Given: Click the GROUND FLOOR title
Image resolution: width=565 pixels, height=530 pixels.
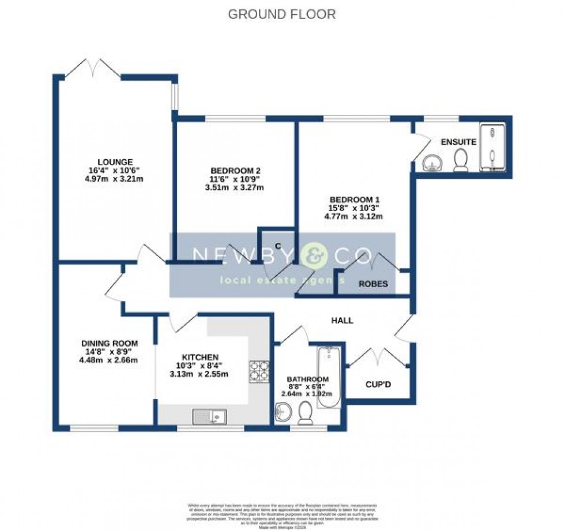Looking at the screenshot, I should (281, 14).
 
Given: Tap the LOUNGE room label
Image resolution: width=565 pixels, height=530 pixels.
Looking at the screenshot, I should (115, 161).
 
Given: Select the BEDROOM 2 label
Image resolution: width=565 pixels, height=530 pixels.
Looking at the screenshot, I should (235, 171).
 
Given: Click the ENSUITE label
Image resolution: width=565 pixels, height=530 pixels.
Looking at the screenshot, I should (458, 142).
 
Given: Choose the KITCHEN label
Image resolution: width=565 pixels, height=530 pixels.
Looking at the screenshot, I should (198, 357).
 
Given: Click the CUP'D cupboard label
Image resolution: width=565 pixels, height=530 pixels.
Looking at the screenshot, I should (379, 385).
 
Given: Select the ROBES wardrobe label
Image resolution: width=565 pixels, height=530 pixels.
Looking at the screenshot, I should (373, 284).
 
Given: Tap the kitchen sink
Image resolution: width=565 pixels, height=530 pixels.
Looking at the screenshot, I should (209, 415).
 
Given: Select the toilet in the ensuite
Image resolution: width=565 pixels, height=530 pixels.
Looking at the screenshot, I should (461, 160).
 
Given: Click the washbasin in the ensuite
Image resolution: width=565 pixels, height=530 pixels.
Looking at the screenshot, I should (431, 163).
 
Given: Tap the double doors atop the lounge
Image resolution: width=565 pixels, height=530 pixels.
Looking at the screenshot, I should (92, 68).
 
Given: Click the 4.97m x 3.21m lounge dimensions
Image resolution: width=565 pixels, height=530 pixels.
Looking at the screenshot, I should (115, 179).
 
